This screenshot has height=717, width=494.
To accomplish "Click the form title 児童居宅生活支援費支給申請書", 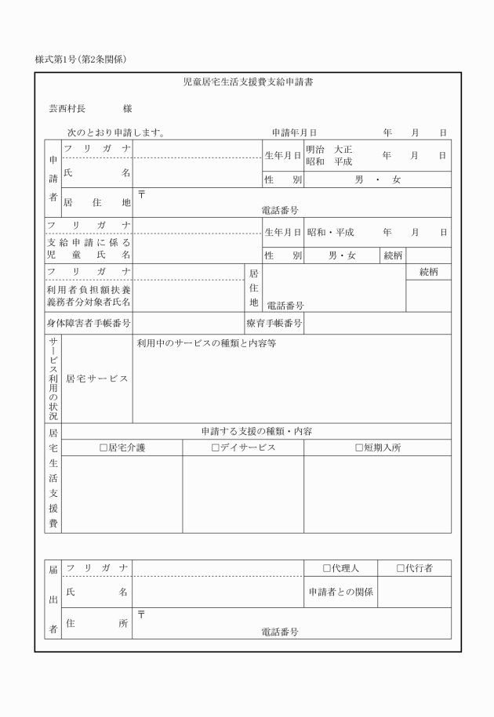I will click(x=248, y=81).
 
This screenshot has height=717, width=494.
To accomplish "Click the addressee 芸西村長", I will click(x=67, y=109).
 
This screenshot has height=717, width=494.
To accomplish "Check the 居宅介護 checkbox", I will click(x=103, y=448).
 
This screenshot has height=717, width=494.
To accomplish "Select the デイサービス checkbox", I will click(x=215, y=448).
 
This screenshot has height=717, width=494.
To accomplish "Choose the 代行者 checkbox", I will click(x=400, y=568).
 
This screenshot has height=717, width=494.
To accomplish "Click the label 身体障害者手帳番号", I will click(x=88, y=323).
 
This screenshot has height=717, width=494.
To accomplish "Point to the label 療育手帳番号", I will click(x=274, y=323).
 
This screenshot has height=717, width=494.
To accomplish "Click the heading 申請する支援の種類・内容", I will click(x=256, y=431).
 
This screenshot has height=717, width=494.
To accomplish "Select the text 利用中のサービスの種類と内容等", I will click(x=206, y=343).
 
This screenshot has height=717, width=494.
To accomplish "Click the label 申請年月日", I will click(x=294, y=133).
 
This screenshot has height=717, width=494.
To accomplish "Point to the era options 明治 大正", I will click(x=329, y=149).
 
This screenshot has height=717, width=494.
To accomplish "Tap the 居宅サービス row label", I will click(x=96, y=378).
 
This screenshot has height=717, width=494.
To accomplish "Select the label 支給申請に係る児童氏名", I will click(x=88, y=248).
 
